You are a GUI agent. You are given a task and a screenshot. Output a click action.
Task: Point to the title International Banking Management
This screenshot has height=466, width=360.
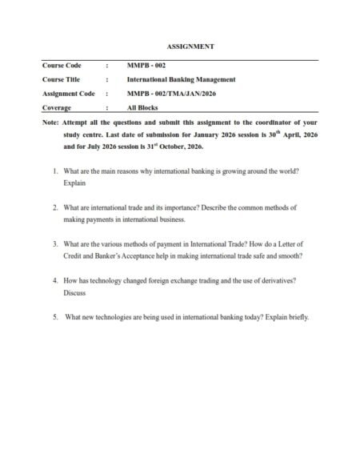181,79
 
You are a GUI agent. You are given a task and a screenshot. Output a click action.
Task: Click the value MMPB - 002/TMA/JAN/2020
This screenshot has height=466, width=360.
170,93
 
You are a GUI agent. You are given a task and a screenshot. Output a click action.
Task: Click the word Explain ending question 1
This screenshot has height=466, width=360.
74,183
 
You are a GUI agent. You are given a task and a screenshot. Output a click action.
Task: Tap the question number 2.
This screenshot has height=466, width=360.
54,207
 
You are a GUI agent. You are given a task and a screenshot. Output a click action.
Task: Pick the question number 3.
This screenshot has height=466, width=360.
54,243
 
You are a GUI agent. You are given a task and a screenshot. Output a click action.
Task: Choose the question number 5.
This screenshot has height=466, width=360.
54,317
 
